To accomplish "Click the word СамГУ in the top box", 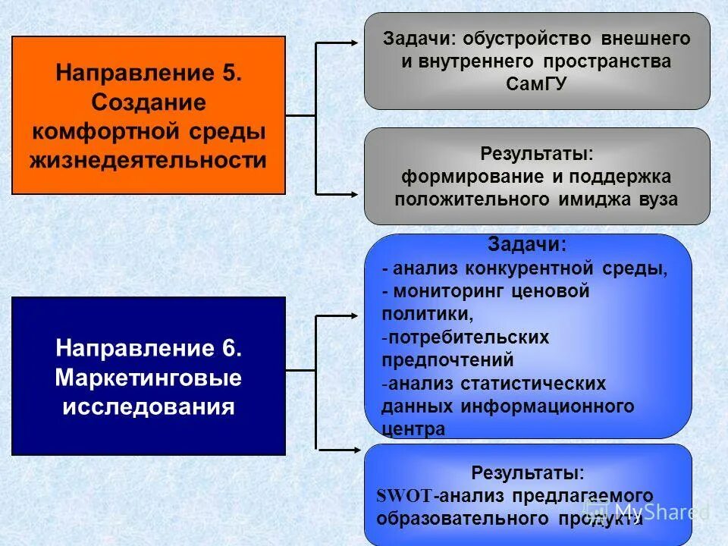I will pos(536,84).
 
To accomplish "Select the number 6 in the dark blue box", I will pos(231,349).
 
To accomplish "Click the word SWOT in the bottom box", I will pos(404,497).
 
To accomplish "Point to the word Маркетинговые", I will pos(149,378).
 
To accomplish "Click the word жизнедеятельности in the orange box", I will pos(149,161).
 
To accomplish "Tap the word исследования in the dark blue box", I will pos(149,406).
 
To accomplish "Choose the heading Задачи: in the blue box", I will pos(528,245).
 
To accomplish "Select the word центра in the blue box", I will pos(413,429).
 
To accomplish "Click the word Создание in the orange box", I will pos(149,102).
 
